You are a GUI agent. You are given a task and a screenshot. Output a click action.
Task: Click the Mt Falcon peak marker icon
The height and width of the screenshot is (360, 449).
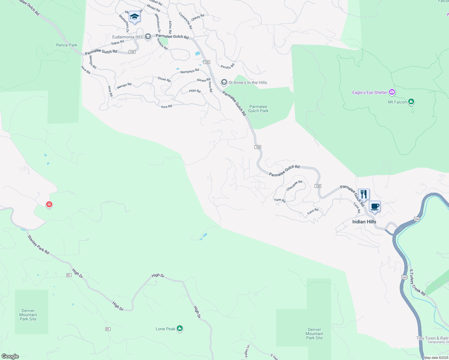tap(411, 102)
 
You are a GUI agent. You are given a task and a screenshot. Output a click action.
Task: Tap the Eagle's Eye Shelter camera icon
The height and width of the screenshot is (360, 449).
tap(392, 92)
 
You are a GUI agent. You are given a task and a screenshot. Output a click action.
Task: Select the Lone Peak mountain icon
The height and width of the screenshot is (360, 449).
tap(180, 328)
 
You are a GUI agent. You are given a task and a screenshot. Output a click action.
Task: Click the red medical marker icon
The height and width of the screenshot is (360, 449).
tap(49, 205)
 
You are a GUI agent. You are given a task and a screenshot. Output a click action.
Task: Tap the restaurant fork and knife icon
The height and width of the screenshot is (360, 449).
tap(364, 194)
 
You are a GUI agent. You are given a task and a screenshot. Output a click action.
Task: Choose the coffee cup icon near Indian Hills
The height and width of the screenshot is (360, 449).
tap(375, 206)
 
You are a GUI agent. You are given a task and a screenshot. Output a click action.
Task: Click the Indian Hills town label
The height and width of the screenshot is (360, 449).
tap(364, 222)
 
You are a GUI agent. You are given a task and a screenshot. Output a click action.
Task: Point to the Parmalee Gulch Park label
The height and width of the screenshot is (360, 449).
tap(258, 109)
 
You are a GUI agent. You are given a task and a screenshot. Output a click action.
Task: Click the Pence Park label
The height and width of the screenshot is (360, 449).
tap(67, 45)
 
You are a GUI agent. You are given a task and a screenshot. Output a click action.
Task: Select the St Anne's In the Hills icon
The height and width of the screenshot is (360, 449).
tap(224, 82)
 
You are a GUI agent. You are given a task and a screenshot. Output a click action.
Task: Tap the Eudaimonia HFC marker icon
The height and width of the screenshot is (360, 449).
tap(148, 37)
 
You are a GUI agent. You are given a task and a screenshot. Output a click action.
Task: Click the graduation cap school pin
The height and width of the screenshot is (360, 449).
tap(134, 17)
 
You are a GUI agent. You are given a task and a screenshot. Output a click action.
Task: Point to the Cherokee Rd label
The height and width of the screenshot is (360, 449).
tap(294, 185)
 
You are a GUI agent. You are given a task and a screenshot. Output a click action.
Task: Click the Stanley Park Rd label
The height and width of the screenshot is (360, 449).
tap(38, 245)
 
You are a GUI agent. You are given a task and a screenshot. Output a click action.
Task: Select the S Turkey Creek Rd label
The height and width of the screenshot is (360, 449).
tap(417, 282)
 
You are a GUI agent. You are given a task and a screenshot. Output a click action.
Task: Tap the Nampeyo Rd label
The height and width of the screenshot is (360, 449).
tap(190, 71)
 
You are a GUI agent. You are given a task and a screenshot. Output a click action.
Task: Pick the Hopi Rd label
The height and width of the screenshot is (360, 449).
tap(195, 91)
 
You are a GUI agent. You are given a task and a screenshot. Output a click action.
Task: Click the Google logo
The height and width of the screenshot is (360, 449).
tap(10, 356)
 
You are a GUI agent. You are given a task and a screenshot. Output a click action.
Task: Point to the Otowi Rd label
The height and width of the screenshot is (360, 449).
tap(164, 79)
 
